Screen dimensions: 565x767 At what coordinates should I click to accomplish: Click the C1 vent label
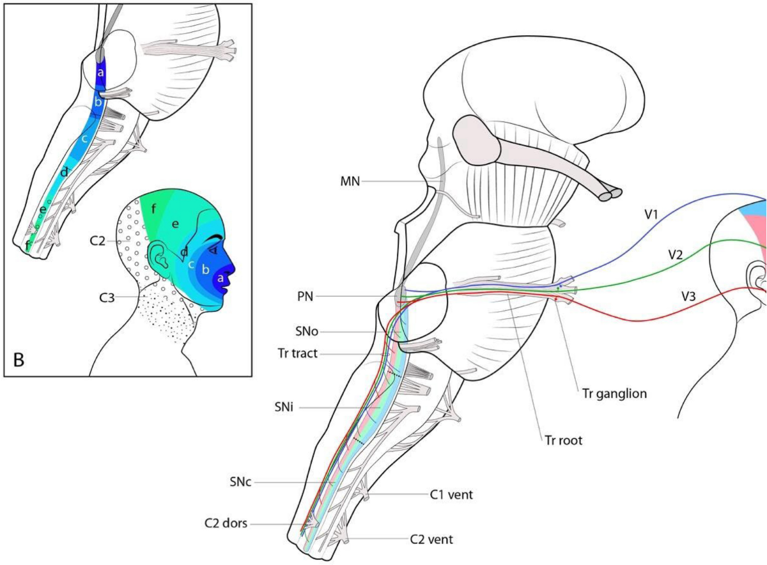(451, 494)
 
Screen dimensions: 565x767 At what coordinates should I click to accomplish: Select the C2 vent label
(431, 539)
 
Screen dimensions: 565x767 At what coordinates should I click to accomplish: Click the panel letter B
(20, 360)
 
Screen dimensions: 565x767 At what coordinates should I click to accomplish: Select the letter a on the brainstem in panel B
(100, 73)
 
